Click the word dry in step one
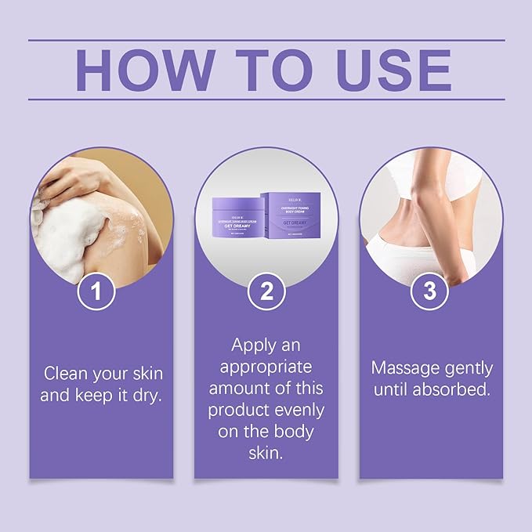pos(147,394)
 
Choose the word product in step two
pos(240,409)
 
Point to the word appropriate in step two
pos(266,366)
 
